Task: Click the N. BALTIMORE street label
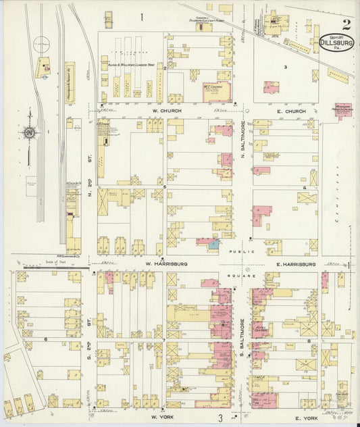[242, 145]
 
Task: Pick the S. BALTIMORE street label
[242, 322]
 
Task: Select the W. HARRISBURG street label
[167, 264]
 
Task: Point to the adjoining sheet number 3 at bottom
[220, 418]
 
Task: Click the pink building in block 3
[272, 87]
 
